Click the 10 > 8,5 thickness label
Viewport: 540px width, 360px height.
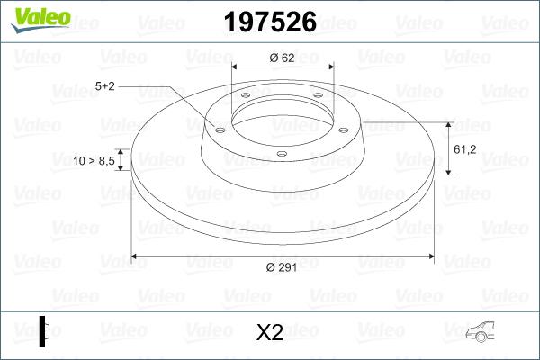point(94,160)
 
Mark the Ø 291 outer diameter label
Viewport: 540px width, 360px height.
point(282,265)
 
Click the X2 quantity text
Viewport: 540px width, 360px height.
point(270,333)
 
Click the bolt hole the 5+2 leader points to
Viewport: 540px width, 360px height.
point(219,128)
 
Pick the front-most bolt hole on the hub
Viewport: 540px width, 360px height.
point(282,154)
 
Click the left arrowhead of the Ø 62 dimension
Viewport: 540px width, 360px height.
point(237,67)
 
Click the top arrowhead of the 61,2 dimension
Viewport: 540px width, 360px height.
point(447,125)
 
